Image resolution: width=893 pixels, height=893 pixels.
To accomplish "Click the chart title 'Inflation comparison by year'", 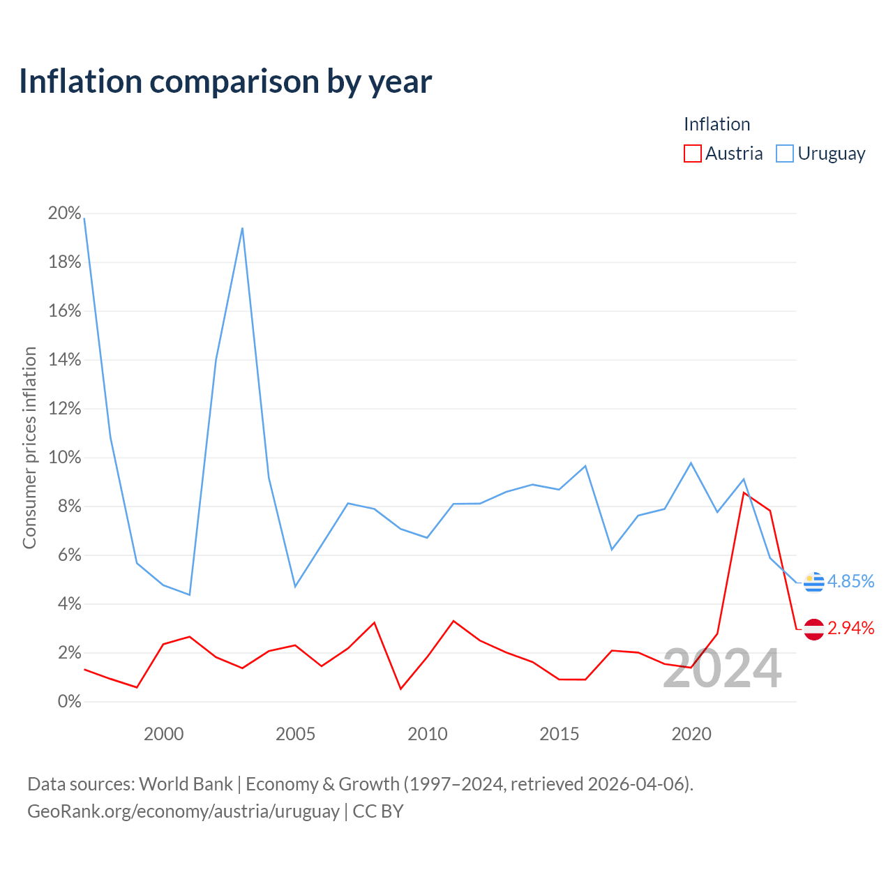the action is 225,82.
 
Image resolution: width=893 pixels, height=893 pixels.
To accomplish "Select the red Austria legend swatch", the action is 692,153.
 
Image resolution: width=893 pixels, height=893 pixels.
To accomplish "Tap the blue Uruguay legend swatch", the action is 785,153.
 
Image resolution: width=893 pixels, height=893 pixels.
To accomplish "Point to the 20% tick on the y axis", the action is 64,213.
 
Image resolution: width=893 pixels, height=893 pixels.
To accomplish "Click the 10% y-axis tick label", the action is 64,458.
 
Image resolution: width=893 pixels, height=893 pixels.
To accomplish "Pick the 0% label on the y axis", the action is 70,702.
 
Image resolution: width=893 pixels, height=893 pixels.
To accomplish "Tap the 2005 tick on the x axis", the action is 295,734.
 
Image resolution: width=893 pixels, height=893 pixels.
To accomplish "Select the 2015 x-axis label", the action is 559,734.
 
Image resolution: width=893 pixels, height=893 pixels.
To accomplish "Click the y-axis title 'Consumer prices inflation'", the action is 29,448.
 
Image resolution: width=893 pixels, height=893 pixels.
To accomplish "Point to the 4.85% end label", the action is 850,581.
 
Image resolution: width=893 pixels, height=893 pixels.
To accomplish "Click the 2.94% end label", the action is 850,629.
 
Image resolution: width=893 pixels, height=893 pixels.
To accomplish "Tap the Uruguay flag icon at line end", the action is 813,583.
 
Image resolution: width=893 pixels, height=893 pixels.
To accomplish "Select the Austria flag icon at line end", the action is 813,629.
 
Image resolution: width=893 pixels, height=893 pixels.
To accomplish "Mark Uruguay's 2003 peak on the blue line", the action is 242,228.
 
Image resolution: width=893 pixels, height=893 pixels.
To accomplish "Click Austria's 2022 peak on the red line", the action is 743,492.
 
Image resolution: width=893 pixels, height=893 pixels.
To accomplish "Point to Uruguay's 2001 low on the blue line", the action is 190,594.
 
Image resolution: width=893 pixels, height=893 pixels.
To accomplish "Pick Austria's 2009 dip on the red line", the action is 401,689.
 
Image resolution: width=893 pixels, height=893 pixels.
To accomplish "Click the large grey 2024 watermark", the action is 722,669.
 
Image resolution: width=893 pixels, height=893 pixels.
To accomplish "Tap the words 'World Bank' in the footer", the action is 186,784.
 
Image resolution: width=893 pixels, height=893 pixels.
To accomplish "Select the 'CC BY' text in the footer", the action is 378,811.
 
